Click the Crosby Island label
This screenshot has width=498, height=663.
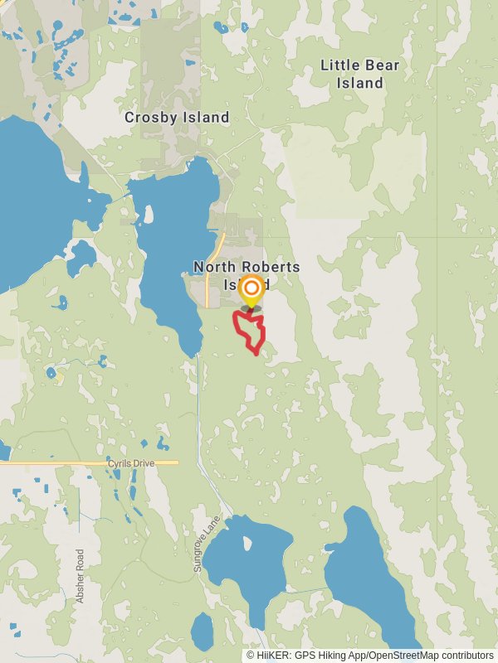point(177,118)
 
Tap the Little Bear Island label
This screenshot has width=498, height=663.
point(359,74)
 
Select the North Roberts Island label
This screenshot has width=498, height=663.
point(247,274)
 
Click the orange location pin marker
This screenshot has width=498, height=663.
point(251,291)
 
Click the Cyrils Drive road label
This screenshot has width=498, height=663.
point(131,463)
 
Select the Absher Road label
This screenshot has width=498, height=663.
point(81,576)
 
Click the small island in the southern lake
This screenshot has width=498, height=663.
point(247,544)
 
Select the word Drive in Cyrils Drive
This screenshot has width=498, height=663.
point(144,463)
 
